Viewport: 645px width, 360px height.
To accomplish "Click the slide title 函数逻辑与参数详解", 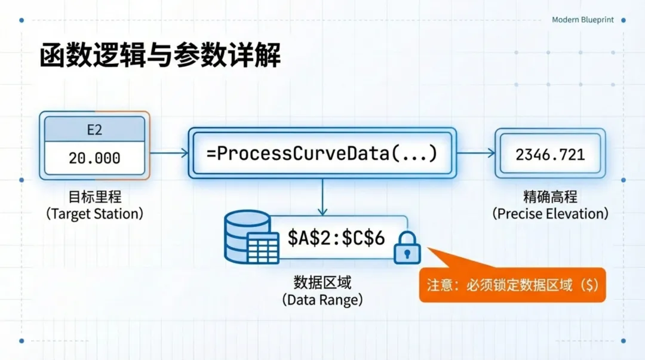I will [x=160, y=56].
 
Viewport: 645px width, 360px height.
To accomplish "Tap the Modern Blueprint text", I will [x=582, y=20].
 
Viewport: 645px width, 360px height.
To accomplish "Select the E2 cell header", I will [x=94, y=128].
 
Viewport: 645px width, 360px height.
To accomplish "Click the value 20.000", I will [x=94, y=158].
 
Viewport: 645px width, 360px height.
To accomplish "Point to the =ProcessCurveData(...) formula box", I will [x=322, y=153].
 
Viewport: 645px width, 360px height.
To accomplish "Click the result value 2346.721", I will [x=550, y=154].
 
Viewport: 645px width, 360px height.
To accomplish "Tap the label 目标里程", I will [x=94, y=198].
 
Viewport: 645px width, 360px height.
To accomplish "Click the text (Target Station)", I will [x=94, y=214].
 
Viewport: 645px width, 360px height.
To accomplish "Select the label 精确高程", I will [x=550, y=198].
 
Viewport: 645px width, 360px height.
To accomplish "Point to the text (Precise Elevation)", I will [x=550, y=213].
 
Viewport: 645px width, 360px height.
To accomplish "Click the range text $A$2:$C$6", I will [x=336, y=238].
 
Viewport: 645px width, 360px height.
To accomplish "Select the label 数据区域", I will [x=322, y=282].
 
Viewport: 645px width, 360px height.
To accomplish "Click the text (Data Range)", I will [x=322, y=300].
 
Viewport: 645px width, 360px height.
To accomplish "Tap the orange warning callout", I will [x=512, y=284].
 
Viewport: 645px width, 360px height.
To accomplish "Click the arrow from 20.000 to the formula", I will [x=169, y=153].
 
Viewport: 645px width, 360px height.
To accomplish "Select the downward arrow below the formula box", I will [x=322, y=197].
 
